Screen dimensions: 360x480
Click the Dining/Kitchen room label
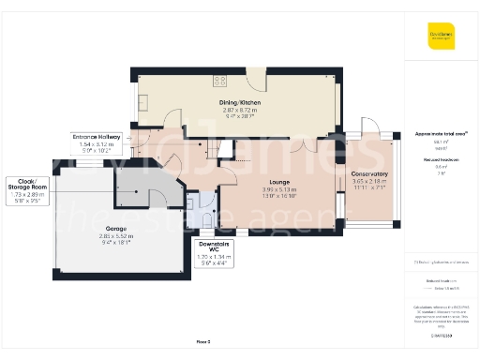tap(240, 102)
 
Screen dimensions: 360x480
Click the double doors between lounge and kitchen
tap(305, 145)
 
